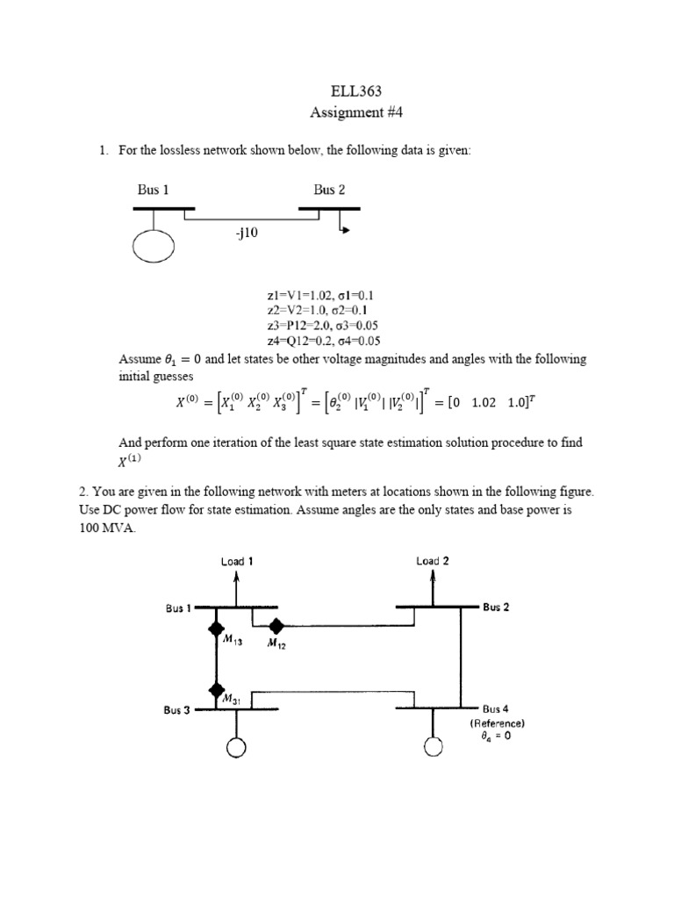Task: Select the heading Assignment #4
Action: click(336, 112)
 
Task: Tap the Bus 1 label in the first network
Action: click(153, 189)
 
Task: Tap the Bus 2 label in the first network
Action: click(329, 189)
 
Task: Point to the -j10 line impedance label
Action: click(247, 234)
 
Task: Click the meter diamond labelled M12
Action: click(276, 626)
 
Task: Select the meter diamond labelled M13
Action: click(214, 628)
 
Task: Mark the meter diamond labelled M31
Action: click(214, 690)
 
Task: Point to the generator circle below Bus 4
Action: click(433, 747)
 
